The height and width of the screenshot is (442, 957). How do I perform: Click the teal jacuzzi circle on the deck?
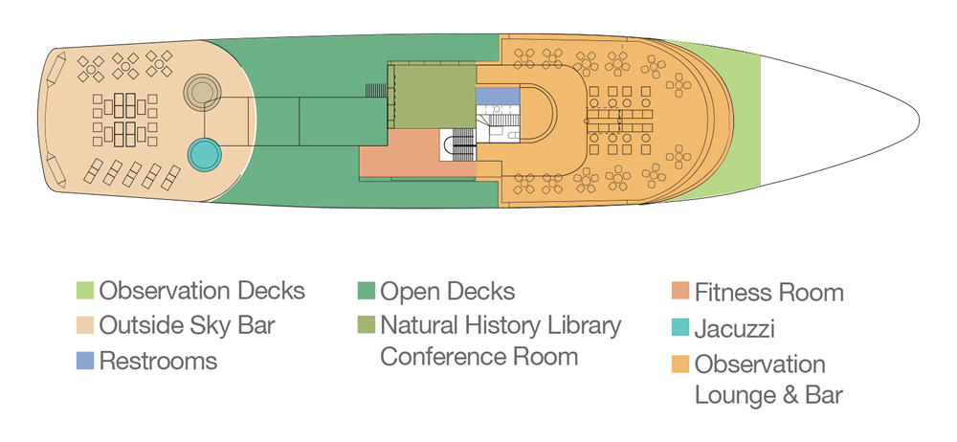[x=204, y=155]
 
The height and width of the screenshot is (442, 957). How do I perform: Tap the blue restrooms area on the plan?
[x=498, y=97]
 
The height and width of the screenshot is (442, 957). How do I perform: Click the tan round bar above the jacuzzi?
[x=202, y=92]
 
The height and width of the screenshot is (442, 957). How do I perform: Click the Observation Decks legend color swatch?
[x=85, y=291]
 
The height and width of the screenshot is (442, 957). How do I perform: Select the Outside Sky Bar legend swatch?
[x=85, y=325]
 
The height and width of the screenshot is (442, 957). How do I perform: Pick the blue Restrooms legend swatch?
[x=85, y=361]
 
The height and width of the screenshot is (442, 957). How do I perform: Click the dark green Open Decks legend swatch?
[x=367, y=291]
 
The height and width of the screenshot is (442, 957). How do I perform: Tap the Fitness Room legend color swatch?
[x=679, y=291]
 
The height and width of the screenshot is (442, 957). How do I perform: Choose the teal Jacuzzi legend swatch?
[x=679, y=328]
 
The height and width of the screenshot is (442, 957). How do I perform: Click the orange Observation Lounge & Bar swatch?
[x=679, y=364]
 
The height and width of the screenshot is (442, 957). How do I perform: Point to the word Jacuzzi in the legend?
[x=735, y=329]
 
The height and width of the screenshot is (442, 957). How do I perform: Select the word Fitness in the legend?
[x=729, y=293]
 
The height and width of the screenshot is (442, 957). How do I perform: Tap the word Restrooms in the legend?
[x=158, y=361]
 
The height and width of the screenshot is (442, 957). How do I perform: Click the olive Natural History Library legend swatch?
[x=367, y=325]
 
